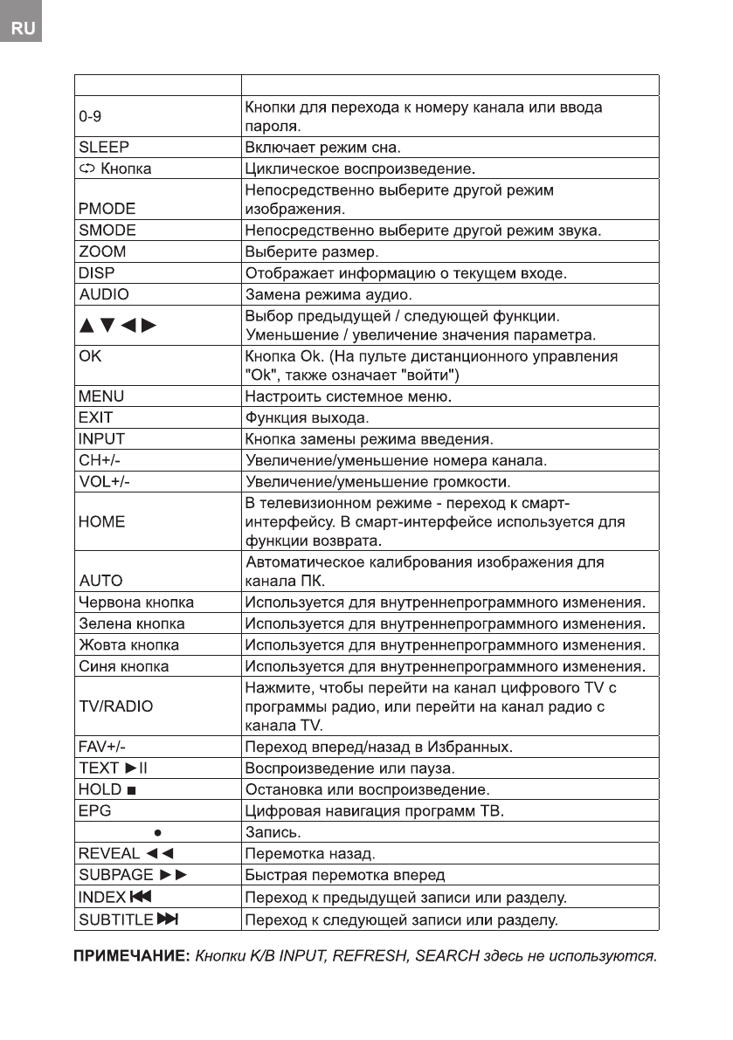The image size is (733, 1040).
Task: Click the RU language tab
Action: tap(23, 28)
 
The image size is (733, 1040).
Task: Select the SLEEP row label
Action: tap(104, 147)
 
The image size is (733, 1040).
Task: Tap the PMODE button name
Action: tap(107, 210)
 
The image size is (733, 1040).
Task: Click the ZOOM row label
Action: tap(102, 251)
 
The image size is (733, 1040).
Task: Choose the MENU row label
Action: tap(101, 396)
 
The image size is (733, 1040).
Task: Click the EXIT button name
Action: tap(96, 417)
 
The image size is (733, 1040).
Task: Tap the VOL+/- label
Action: tap(110, 481)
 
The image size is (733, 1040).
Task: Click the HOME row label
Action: tap(102, 522)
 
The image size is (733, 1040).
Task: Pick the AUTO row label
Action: tap(101, 581)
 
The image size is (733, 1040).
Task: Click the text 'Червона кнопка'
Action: tap(136, 603)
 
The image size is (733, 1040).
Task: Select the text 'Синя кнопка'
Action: tap(124, 666)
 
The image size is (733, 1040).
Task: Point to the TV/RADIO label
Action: tap(115, 707)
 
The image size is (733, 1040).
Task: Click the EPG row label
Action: tap(95, 811)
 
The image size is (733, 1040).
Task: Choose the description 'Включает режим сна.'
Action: tap(322, 147)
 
